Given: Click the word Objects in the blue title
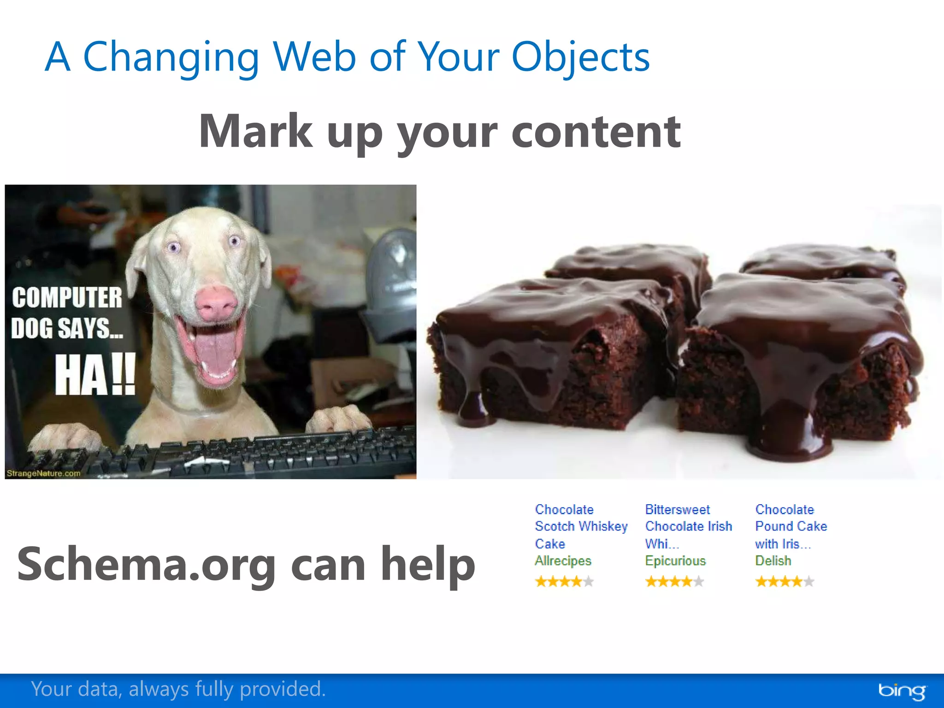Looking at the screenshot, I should [580, 58].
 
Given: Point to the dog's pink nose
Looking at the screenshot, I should [215, 303].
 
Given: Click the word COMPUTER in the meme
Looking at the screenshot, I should [67, 297].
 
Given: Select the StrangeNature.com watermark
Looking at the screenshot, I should [43, 473].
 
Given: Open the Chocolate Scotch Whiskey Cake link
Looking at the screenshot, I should [580, 526].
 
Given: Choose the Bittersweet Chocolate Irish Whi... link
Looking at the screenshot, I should [688, 526].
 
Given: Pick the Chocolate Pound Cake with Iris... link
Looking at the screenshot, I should [791, 526].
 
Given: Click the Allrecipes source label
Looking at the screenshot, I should [563, 561].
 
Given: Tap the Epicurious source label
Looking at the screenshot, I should [675, 561].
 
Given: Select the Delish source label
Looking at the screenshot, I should [773, 561].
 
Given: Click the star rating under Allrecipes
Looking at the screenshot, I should [564, 582].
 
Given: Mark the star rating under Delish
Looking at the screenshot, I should [785, 582].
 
